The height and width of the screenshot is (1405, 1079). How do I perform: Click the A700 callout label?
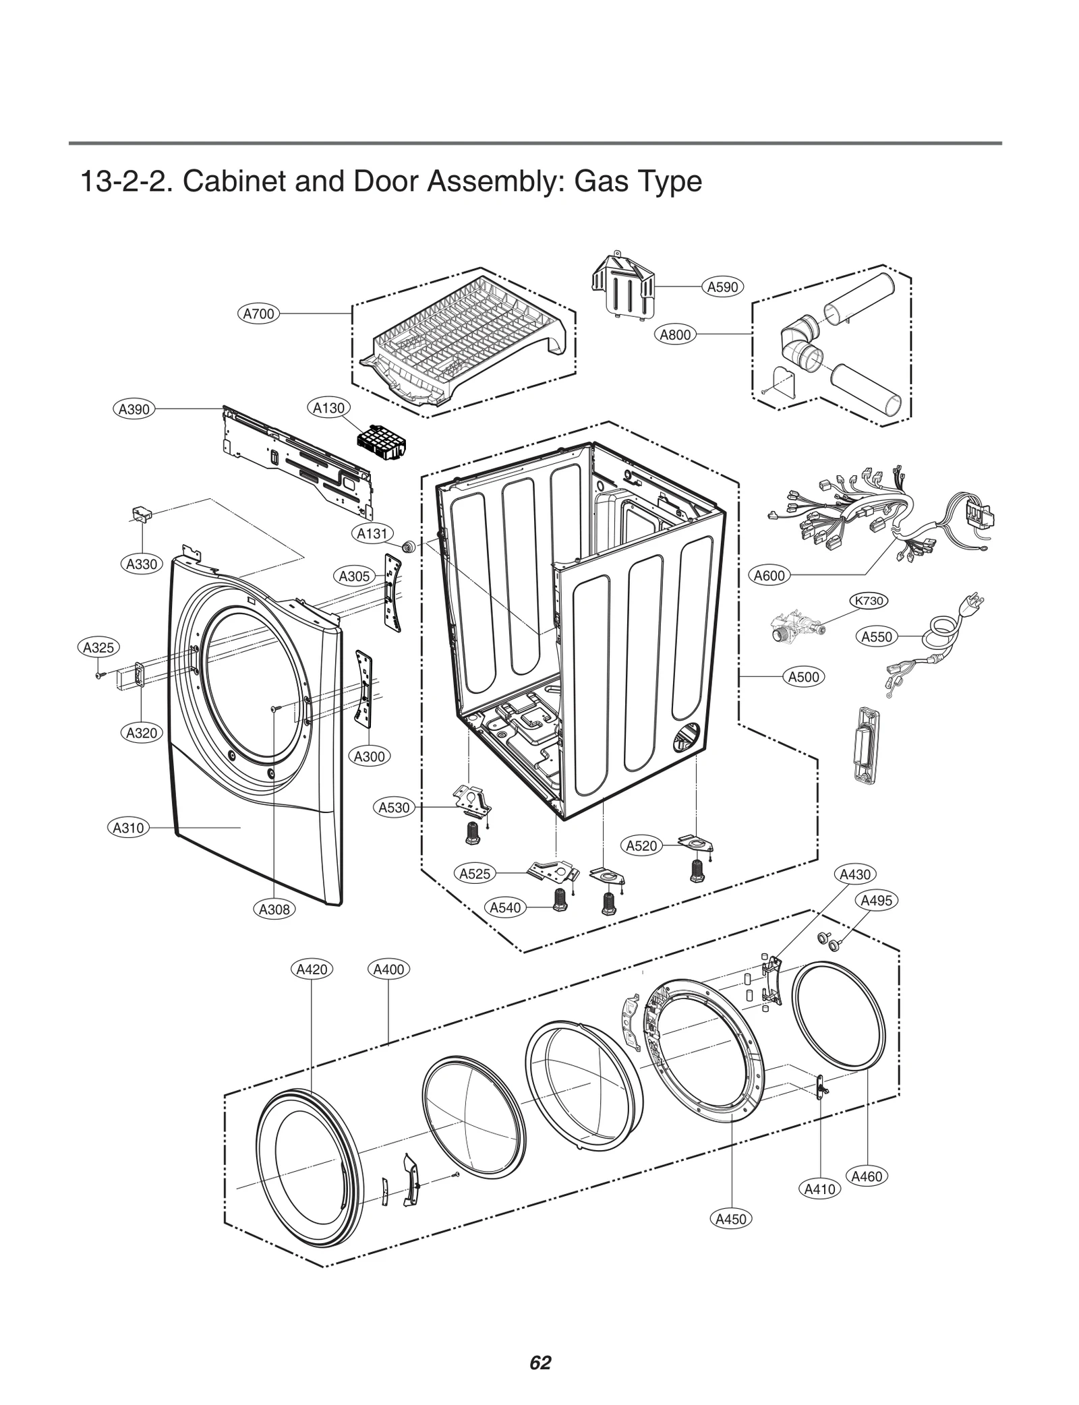(258, 313)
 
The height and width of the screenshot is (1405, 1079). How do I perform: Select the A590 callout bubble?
(722, 287)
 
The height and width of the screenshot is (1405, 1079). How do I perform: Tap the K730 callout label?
(869, 601)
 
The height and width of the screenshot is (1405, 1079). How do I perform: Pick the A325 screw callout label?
(98, 648)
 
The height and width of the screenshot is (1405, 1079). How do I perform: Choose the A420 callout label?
(312, 969)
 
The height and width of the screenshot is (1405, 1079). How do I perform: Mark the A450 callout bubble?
(731, 1219)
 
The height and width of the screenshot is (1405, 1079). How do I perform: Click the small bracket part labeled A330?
(142, 515)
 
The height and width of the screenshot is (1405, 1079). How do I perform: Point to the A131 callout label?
(372, 534)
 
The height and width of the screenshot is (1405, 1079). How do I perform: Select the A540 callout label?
(505, 907)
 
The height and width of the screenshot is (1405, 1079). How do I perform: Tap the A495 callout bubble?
(877, 900)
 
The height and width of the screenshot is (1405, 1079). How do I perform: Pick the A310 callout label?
(128, 827)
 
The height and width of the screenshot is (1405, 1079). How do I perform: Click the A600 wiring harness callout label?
(769, 576)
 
